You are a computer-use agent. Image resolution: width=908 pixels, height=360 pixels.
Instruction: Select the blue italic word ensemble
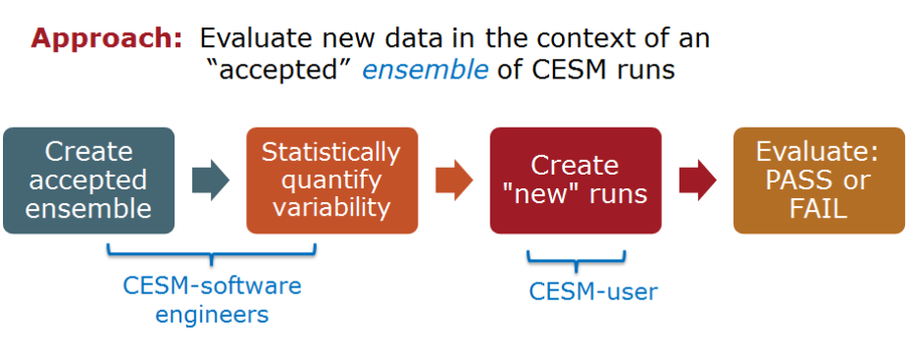[x=425, y=71]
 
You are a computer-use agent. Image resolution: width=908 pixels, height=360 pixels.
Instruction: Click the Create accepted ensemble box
[x=88, y=180]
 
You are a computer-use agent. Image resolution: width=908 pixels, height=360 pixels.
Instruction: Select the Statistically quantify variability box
[x=331, y=180]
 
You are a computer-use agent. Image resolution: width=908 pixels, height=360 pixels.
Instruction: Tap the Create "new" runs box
[x=576, y=180]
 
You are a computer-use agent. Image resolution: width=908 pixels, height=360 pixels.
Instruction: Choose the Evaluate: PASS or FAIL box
[x=819, y=180]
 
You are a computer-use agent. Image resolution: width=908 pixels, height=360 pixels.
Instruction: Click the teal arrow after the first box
[x=211, y=180]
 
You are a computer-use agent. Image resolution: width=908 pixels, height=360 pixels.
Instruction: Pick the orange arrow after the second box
[x=455, y=180]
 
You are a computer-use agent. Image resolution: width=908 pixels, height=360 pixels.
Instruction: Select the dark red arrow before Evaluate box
[x=698, y=180]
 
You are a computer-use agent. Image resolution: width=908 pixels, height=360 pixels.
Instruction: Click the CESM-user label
[x=593, y=291]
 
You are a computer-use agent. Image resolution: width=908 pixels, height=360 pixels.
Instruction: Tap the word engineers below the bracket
[x=212, y=314]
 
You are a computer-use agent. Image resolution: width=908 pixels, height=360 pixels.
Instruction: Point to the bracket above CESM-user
[x=577, y=260]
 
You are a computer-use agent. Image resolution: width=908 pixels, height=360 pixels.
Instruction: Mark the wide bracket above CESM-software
[x=212, y=254]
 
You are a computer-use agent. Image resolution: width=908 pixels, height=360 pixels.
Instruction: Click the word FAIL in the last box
[x=818, y=209]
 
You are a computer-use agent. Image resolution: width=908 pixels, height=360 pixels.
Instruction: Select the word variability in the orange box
[x=331, y=208]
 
